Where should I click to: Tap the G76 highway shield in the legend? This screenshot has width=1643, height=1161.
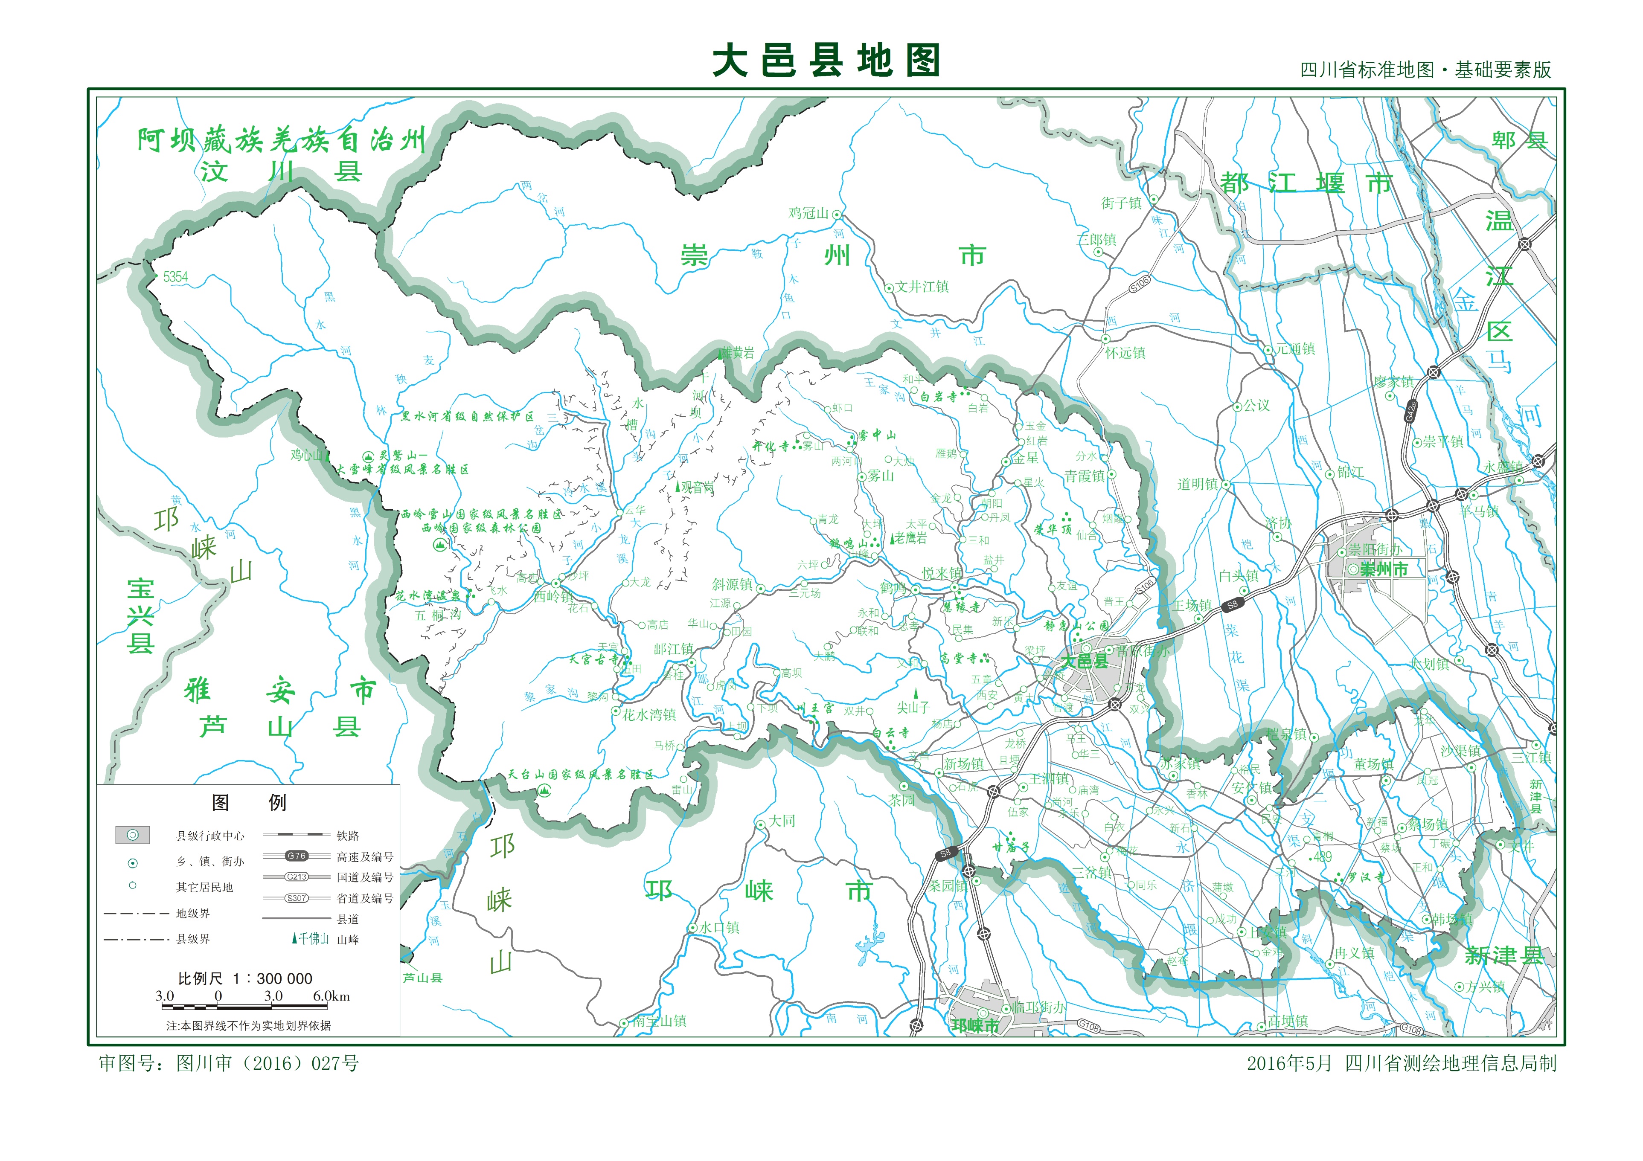(296, 856)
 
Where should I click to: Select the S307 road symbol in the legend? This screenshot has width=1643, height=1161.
(296, 898)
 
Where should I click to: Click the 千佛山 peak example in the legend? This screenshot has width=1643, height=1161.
(311, 938)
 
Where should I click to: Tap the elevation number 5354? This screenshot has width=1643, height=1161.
(175, 277)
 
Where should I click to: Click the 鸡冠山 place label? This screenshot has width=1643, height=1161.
(808, 213)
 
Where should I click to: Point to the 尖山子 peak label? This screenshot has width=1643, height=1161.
(913, 708)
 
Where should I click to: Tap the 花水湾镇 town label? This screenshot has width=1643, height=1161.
(649, 714)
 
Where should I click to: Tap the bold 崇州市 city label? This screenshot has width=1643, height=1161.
(1383, 569)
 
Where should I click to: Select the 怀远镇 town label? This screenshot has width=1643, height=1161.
(1125, 353)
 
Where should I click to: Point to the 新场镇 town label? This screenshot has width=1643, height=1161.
(963, 764)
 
